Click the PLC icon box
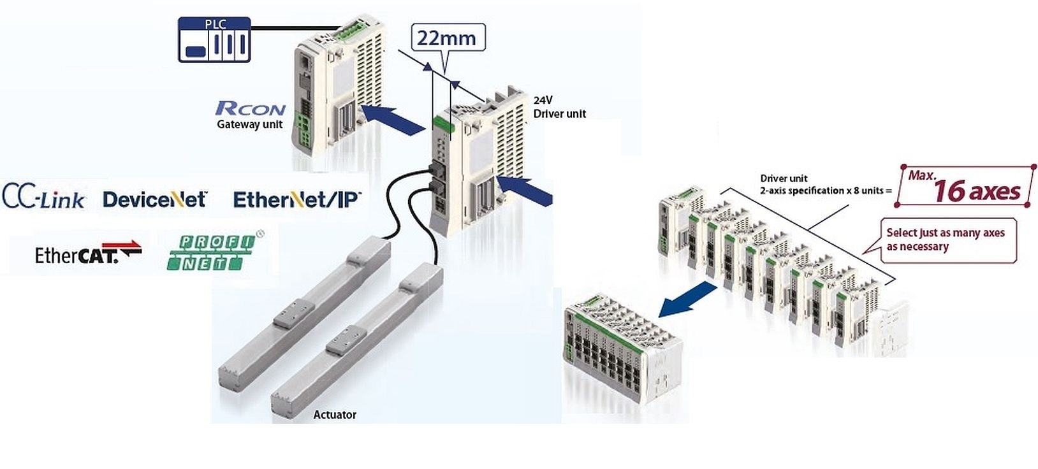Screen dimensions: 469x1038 pos(214,40)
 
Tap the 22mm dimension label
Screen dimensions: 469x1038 pos(446,38)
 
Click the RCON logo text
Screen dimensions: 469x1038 pos(251,108)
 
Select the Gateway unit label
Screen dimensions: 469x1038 pos(249,124)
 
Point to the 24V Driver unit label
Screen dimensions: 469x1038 pos(559,107)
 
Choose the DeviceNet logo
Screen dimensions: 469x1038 pos(155,199)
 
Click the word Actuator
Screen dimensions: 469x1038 pos(335,415)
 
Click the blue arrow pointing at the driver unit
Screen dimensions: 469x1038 pos(525,189)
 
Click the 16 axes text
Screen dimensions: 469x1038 pos(976,191)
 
